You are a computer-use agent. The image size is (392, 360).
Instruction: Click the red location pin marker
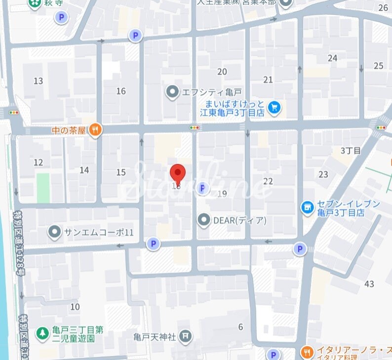pos(178,173)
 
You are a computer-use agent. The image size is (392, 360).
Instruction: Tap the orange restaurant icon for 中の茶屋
pos(96,130)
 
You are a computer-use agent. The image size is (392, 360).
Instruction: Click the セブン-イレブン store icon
pos(308,207)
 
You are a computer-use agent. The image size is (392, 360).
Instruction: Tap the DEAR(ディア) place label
pos(239,221)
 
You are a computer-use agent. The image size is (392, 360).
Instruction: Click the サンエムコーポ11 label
pos(99,232)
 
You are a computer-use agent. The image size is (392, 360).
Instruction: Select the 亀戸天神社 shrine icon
pos(185,337)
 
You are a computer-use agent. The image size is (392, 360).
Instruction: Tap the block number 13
pos(38,81)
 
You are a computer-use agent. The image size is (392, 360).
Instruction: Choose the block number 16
pos(121,91)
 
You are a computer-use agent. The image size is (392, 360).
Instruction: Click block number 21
pos(268,80)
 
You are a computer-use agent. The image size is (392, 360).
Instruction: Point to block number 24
pos(332,58)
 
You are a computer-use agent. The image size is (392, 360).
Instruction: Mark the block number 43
pos(369,283)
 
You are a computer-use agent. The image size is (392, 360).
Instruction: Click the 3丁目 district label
pos(351,150)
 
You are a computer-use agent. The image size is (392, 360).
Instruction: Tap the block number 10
pos(75,307)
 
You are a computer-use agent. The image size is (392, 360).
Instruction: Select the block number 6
pos(241,327)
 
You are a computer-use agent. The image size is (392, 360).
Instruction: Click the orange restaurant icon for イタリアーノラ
pos(307,353)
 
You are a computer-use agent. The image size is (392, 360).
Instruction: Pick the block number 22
pos(268,182)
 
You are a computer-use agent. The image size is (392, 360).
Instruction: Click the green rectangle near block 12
pos(43,188)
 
